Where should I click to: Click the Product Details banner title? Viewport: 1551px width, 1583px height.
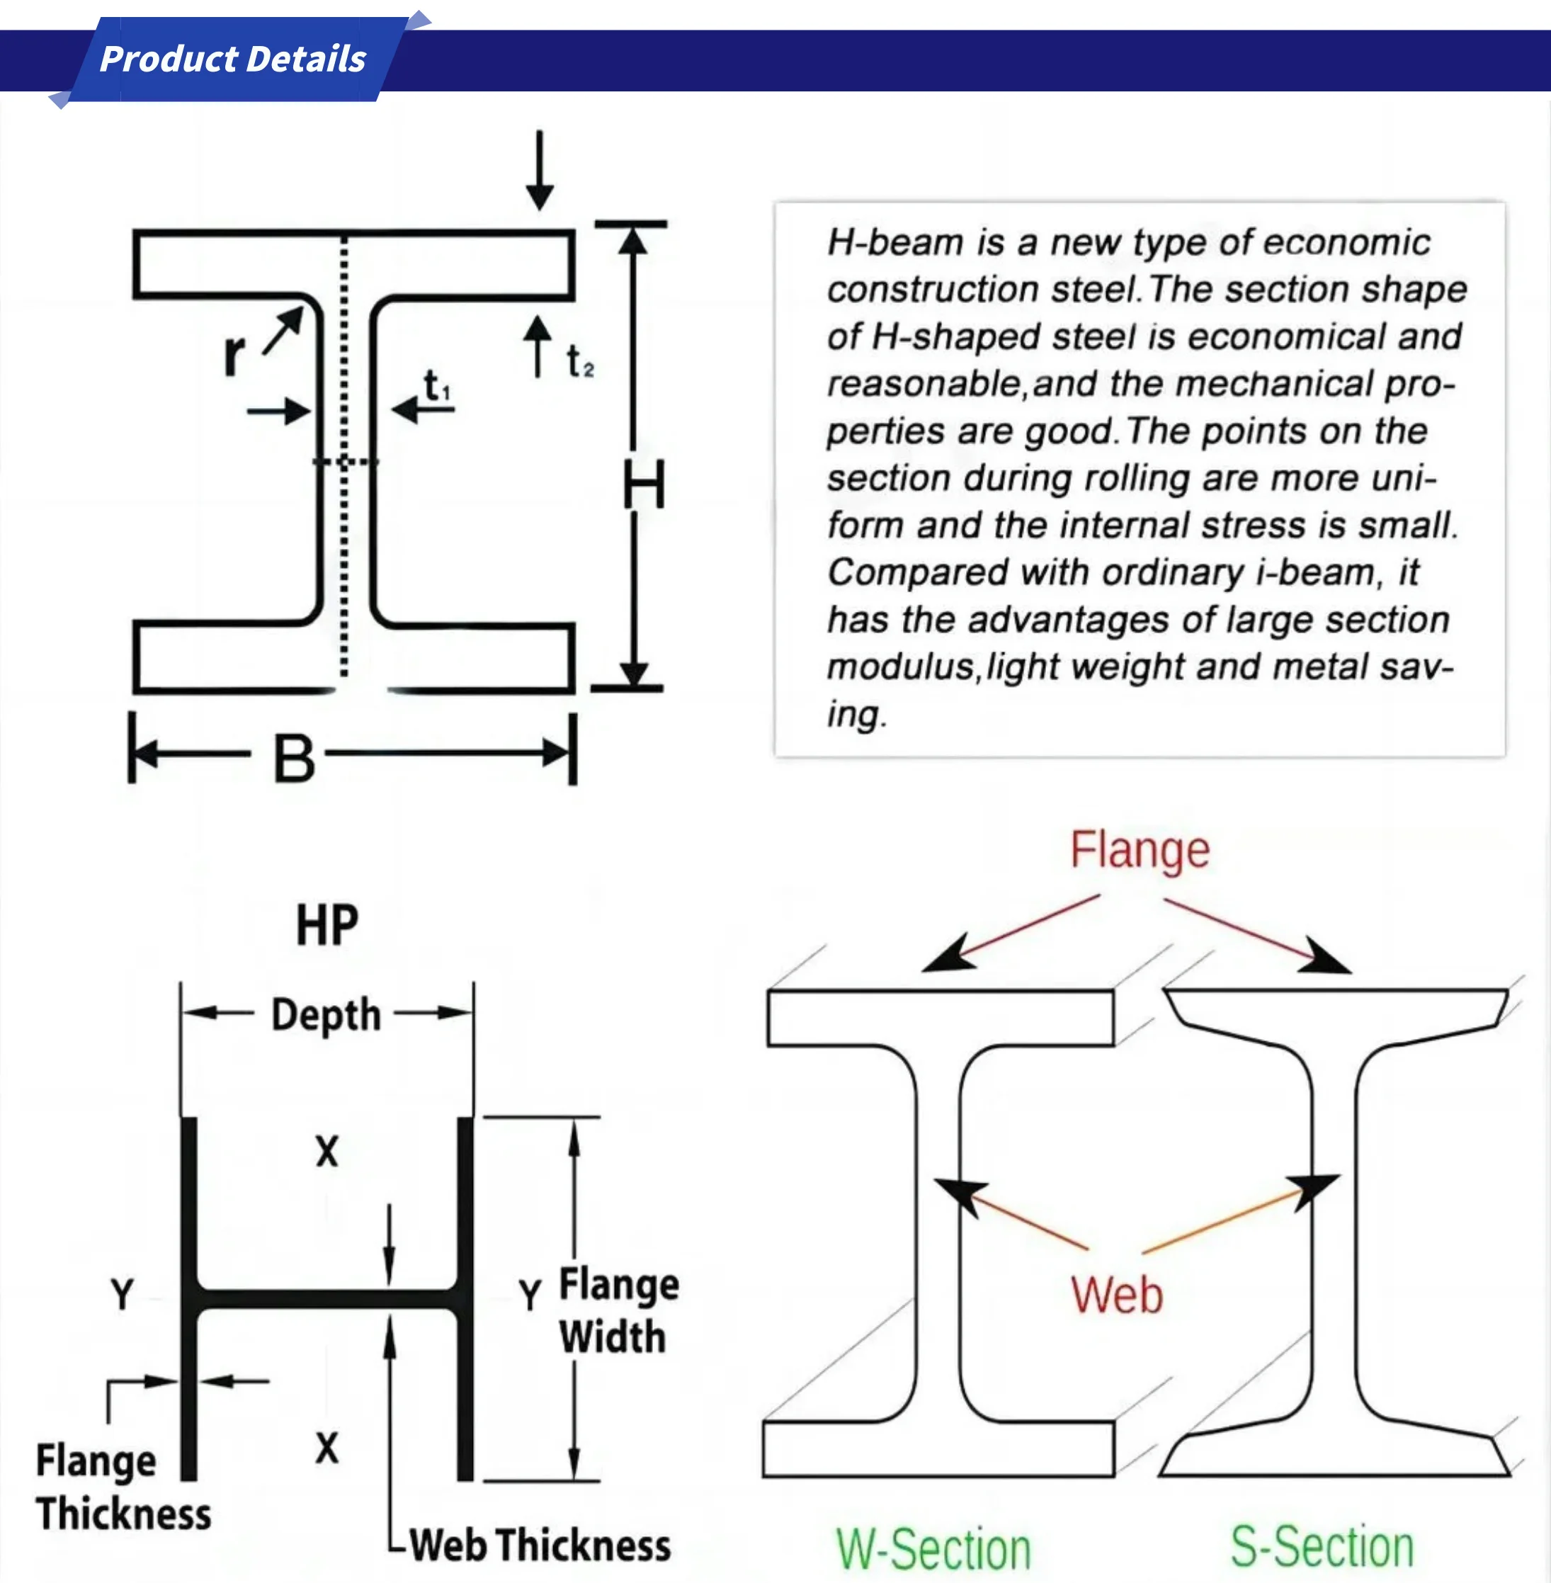tap(233, 59)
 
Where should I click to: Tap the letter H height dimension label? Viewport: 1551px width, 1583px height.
tap(644, 484)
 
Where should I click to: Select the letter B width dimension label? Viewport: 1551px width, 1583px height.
tap(293, 758)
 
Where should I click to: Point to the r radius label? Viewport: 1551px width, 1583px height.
tap(234, 356)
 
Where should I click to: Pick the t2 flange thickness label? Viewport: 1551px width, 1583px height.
tap(580, 362)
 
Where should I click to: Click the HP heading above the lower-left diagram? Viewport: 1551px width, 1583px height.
tap(326, 926)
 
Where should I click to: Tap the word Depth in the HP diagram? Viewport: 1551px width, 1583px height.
tap(326, 1015)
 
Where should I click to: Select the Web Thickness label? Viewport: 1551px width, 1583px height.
tap(539, 1545)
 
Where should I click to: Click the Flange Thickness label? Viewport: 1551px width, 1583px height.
tap(123, 1487)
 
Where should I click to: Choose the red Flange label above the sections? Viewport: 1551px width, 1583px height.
tap(1139, 851)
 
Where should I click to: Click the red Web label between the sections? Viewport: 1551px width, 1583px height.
tap(1116, 1295)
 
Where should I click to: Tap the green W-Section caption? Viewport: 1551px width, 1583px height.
tap(933, 1550)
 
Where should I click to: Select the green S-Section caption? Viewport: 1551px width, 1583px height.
tap(1322, 1547)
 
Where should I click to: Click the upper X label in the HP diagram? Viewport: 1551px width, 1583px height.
tap(326, 1152)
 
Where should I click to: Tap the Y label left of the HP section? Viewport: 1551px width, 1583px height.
tap(123, 1294)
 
